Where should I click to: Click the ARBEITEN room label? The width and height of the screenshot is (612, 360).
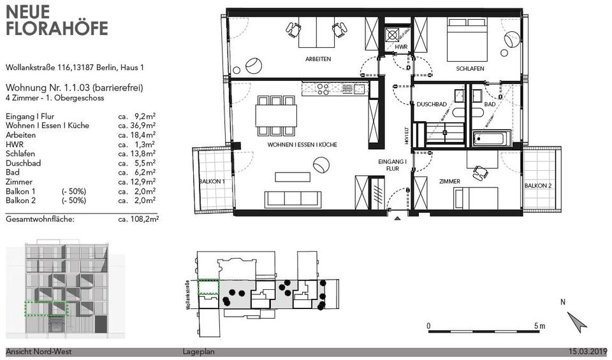(x=318, y=59)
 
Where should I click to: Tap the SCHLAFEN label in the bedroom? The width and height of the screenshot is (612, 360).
(x=470, y=69)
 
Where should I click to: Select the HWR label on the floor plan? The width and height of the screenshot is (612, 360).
(x=401, y=47)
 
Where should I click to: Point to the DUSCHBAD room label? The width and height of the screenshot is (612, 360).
(x=432, y=104)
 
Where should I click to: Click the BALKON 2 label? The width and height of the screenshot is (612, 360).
(x=538, y=185)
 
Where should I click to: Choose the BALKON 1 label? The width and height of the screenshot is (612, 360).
(x=212, y=182)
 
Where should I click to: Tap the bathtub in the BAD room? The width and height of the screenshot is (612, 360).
(x=492, y=138)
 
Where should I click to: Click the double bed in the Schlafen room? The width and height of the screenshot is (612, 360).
(x=467, y=40)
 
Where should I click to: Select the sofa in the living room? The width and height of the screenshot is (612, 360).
(x=293, y=199)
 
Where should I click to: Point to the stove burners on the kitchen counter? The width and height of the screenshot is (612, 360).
(x=323, y=89)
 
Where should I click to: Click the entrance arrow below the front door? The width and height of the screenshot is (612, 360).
(x=397, y=219)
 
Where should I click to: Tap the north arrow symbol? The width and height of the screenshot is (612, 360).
(x=576, y=322)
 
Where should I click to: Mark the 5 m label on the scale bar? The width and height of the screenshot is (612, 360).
(x=539, y=326)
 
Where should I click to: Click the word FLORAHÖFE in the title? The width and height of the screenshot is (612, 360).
(x=57, y=29)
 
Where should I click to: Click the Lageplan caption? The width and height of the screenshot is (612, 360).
(x=198, y=352)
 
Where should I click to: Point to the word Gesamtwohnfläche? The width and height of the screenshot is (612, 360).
(x=40, y=219)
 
